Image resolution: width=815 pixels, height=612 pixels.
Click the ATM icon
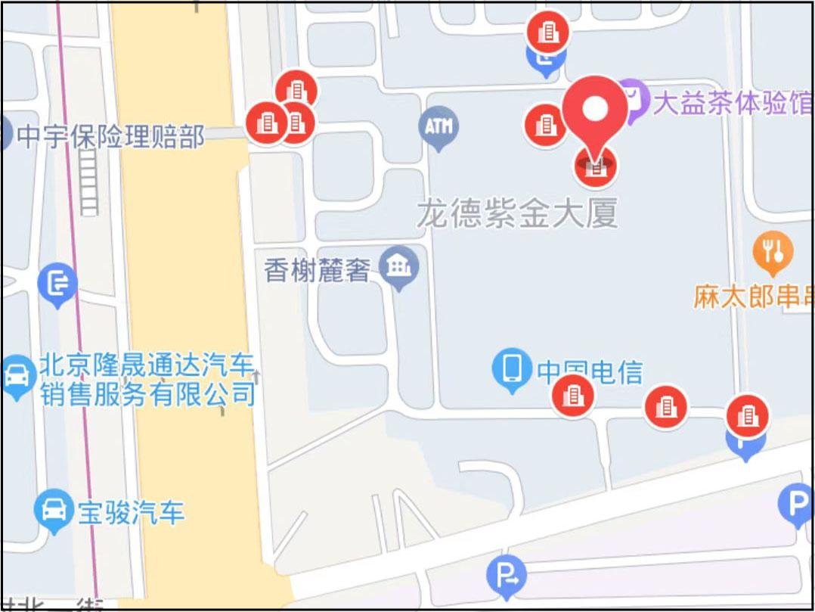point(438,127)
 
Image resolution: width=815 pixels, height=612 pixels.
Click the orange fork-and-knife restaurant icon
point(773,252)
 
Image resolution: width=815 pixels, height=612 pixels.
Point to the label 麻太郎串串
point(753,296)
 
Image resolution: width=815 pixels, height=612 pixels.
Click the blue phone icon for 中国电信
point(512,368)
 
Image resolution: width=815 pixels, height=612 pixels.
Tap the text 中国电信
point(590,372)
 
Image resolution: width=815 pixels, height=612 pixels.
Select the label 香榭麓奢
point(316,270)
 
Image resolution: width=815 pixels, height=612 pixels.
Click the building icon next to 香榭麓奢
point(398,266)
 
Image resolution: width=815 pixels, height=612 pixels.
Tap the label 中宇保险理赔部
point(110,137)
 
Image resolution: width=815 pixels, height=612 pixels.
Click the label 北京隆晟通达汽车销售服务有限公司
point(147,380)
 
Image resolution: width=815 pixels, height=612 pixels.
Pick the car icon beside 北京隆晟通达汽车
point(16,374)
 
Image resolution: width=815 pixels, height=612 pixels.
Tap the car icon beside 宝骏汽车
point(53,511)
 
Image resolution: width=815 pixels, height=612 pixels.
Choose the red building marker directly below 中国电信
point(573,396)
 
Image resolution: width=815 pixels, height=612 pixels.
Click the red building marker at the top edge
point(548,32)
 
